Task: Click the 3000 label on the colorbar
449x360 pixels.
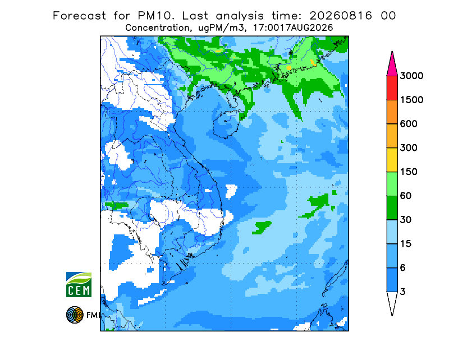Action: pyautogui.click(x=411, y=76)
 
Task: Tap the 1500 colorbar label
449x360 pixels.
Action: pyautogui.click(x=411, y=100)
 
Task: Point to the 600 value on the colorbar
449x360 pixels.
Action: pyautogui.click(x=409, y=124)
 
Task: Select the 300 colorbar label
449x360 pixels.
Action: pyautogui.click(x=409, y=148)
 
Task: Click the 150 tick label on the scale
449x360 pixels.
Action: pyautogui.click(x=409, y=172)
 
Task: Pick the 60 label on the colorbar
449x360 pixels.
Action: pyautogui.click(x=406, y=196)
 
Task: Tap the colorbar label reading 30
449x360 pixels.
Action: pyautogui.click(x=406, y=220)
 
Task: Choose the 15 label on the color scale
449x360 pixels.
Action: pyautogui.click(x=406, y=244)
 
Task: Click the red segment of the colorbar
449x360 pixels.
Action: pyautogui.click(x=392, y=88)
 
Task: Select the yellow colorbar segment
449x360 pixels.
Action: pyautogui.click(x=392, y=160)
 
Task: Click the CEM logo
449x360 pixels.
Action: pyautogui.click(x=79, y=284)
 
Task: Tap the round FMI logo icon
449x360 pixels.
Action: pyautogui.click(x=75, y=315)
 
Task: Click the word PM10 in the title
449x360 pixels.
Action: pyautogui.click(x=156, y=16)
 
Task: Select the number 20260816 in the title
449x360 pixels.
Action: pyautogui.click(x=341, y=16)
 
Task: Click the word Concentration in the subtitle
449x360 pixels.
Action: pyautogui.click(x=157, y=28)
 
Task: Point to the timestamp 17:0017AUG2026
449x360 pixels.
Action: pyautogui.click(x=293, y=28)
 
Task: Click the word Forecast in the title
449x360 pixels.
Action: pyautogui.click(x=79, y=16)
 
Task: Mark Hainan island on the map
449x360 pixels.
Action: pyautogui.click(x=226, y=124)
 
